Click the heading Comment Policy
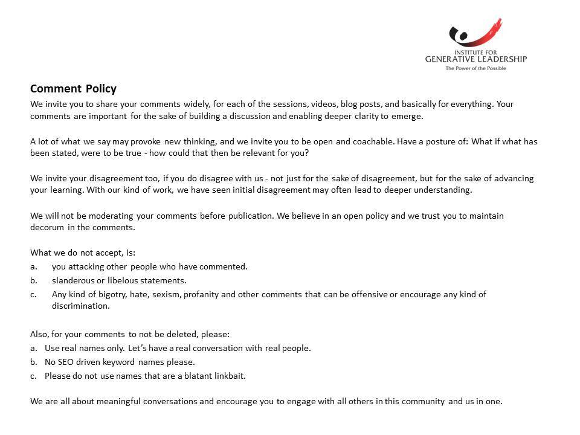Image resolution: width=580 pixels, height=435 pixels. (x=73, y=89)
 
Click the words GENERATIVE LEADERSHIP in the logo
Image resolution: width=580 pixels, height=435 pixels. (x=475, y=59)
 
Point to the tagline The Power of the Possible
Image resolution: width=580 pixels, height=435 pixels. (x=475, y=68)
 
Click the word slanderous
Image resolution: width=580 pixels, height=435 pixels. (x=72, y=280)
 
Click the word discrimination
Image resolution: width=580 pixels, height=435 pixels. (x=80, y=306)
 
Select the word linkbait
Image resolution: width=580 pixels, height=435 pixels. (x=228, y=376)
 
